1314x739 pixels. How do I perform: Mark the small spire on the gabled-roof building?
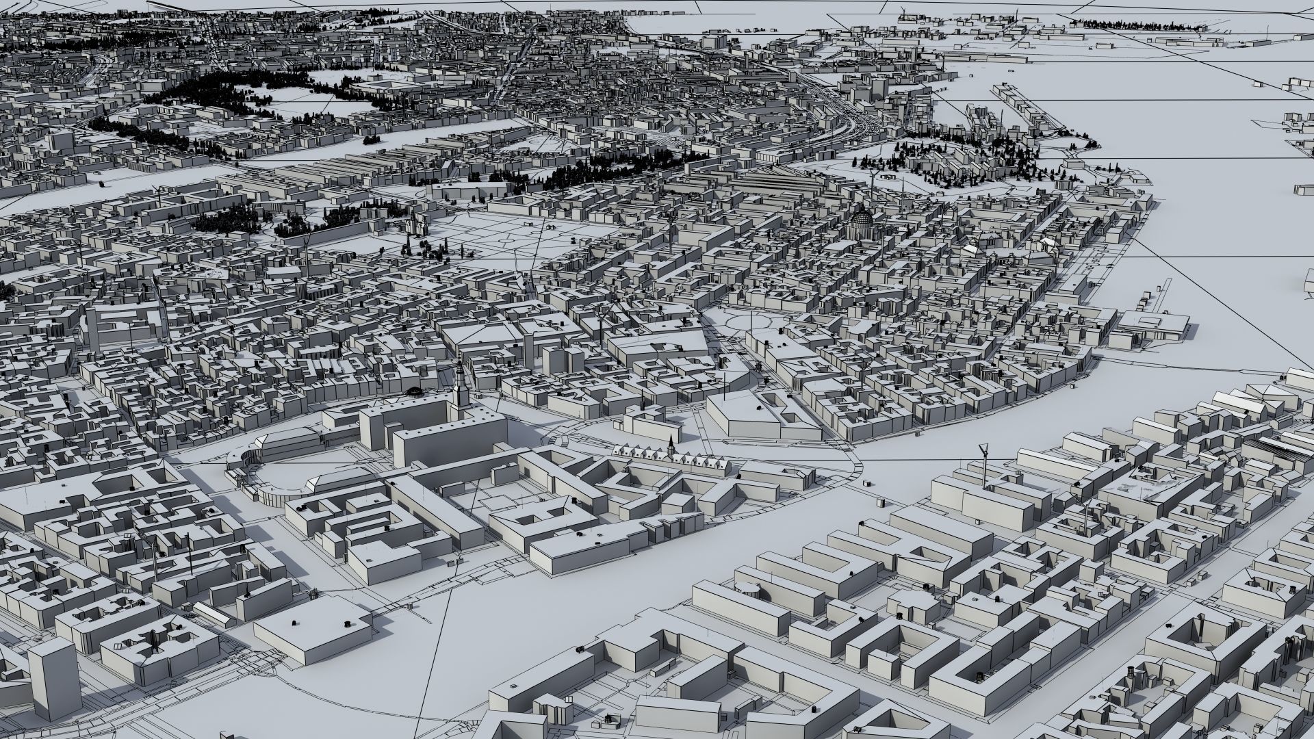(672, 442)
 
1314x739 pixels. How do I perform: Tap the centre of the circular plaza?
(751, 319)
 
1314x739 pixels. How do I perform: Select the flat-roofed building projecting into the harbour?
(1157, 326)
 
